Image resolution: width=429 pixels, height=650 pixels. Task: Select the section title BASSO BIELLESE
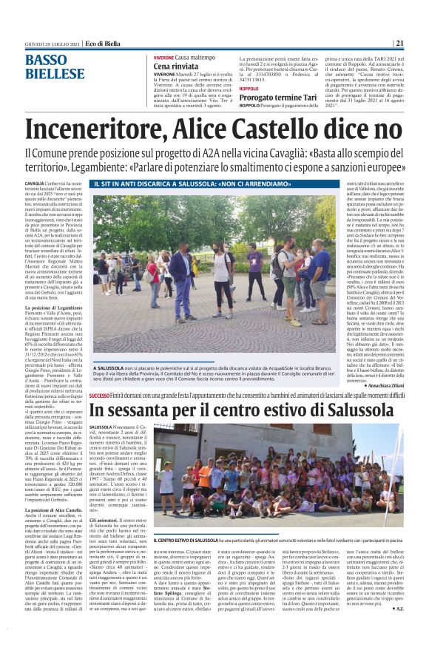click(54, 67)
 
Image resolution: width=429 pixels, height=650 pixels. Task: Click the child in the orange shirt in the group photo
click(204, 476)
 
